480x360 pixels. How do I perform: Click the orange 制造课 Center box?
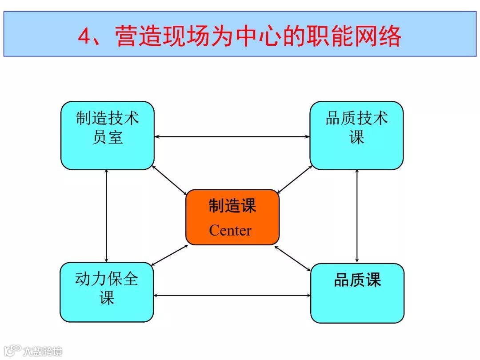pyautogui.click(x=232, y=217)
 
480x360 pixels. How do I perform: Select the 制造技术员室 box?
pyautogui.click(x=107, y=135)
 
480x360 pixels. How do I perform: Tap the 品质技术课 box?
pyautogui.click(x=356, y=135)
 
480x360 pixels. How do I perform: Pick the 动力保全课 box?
pyautogui.click(x=107, y=292)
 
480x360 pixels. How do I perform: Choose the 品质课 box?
pyautogui.click(x=357, y=293)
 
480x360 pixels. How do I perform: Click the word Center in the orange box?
pyautogui.click(x=230, y=231)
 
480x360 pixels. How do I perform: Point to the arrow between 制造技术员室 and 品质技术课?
pyautogui.click(x=232, y=136)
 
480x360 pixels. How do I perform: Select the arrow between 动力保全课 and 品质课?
pyautogui.click(x=232, y=295)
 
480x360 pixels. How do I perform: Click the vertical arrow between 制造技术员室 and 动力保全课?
pyautogui.click(x=107, y=216)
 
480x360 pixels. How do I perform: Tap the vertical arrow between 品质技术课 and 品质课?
pyautogui.click(x=357, y=216)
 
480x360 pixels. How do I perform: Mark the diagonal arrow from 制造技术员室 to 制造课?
pyautogui.click(x=170, y=180)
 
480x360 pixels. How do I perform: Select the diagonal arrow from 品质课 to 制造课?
pyautogui.click(x=293, y=257)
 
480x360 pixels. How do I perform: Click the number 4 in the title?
pyautogui.click(x=84, y=36)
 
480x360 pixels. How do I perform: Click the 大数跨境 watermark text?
pyautogui.click(x=43, y=351)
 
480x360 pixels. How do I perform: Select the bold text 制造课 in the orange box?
pyautogui.click(x=232, y=206)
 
